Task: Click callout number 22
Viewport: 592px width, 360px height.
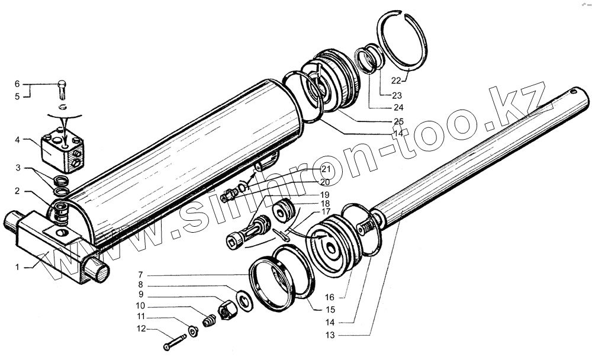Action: coord(398,80)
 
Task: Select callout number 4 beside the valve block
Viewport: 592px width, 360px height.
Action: coord(19,140)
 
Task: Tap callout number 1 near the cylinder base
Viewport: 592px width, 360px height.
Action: coord(18,267)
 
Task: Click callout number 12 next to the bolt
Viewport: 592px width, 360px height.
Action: coord(140,329)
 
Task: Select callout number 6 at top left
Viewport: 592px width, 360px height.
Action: coord(17,83)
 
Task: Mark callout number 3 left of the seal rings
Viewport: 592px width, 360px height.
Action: coord(19,169)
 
